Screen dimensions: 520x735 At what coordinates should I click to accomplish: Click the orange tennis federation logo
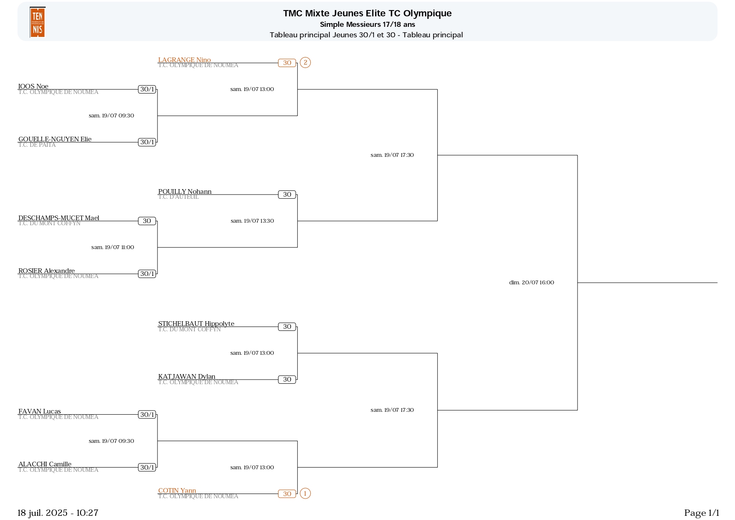(x=37, y=22)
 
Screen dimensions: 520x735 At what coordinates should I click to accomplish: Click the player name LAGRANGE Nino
(x=184, y=60)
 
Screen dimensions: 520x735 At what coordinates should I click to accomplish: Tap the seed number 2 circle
(x=305, y=63)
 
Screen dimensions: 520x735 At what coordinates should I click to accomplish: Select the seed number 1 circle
(x=305, y=494)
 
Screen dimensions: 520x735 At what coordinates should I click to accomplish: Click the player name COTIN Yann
(x=177, y=491)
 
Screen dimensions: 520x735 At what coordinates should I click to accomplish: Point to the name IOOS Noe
(x=34, y=86)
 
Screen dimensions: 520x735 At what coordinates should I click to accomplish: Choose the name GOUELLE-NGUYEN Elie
(x=55, y=139)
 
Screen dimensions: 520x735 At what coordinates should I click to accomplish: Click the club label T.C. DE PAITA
(x=37, y=145)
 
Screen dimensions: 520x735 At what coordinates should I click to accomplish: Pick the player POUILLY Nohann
(x=185, y=192)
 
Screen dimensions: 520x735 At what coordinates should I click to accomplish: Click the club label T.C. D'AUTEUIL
(x=178, y=197)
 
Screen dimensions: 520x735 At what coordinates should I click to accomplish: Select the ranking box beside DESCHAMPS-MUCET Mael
(x=147, y=221)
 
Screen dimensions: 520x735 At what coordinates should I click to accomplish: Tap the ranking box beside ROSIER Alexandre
(x=147, y=274)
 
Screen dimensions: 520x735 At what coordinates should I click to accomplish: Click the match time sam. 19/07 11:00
(x=113, y=247)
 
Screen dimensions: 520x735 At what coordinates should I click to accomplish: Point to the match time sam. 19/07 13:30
(x=252, y=221)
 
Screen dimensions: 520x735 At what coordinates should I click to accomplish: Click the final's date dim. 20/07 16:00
(x=531, y=283)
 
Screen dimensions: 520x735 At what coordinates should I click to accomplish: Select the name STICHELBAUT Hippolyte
(x=196, y=324)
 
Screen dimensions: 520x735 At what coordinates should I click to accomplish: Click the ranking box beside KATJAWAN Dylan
(x=287, y=380)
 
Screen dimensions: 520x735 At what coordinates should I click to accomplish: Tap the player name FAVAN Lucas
(x=40, y=411)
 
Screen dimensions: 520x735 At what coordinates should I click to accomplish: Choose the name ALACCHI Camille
(x=45, y=464)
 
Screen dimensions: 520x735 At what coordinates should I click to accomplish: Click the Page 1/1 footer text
(x=701, y=513)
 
